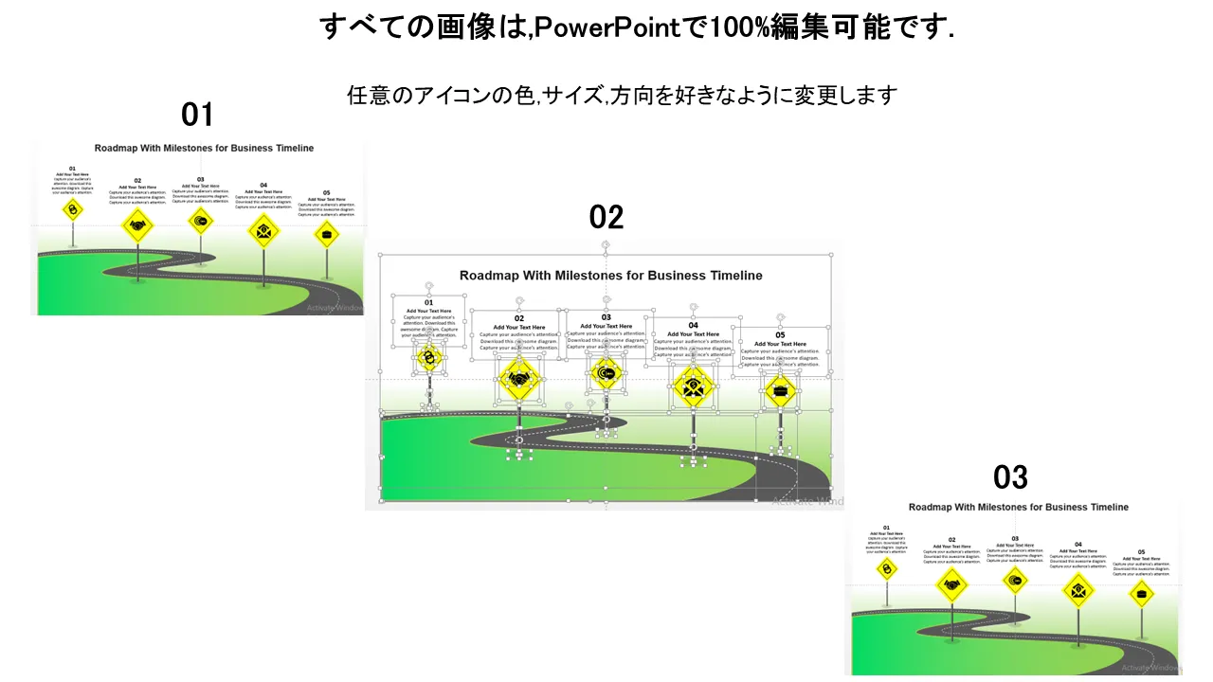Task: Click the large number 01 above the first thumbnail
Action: click(197, 116)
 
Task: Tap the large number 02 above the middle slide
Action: click(606, 218)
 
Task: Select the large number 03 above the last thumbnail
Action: click(1010, 476)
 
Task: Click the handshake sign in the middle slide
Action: click(519, 379)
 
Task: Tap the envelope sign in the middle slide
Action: click(694, 386)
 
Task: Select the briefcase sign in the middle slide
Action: click(780, 389)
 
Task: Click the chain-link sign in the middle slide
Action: click(429, 357)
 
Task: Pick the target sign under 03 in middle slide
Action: click(606, 373)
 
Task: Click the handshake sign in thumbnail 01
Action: click(137, 225)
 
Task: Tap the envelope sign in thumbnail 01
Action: click(263, 230)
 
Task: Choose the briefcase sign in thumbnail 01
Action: click(327, 233)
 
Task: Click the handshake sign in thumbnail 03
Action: click(951, 584)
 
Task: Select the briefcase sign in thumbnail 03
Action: click(1141, 594)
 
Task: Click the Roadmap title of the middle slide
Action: click(610, 276)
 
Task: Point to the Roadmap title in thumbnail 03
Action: click(1018, 507)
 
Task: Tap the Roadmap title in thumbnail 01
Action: click(204, 148)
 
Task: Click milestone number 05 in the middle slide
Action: click(780, 334)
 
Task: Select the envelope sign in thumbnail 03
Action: click(1077, 590)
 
